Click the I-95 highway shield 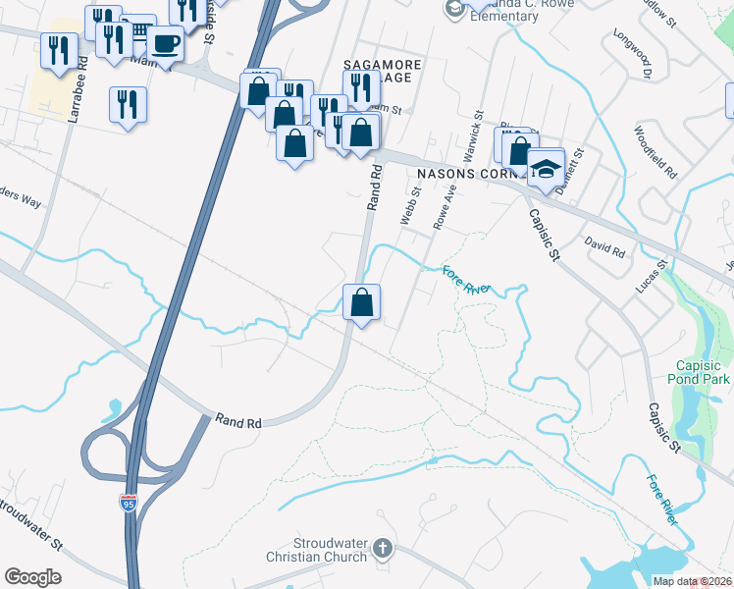tap(129, 503)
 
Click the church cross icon tap(384, 548)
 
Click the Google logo tap(32, 576)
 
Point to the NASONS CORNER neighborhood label tap(462, 173)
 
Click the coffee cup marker tap(166, 45)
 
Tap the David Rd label tap(604, 246)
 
